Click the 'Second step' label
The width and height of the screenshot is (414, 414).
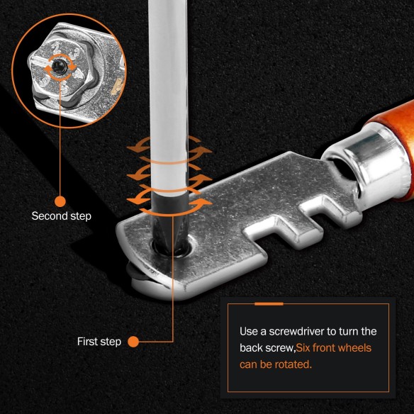pyautogui.click(x=61, y=216)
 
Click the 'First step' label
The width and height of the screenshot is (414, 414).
pyautogui.click(x=99, y=342)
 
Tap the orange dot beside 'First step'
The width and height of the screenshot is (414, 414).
pyautogui.click(x=133, y=342)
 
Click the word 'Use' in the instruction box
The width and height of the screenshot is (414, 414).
pyautogui.click(x=250, y=332)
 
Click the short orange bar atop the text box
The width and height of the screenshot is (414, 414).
pyautogui.click(x=269, y=303)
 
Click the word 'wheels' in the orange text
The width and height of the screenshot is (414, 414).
pyautogui.click(x=356, y=348)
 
